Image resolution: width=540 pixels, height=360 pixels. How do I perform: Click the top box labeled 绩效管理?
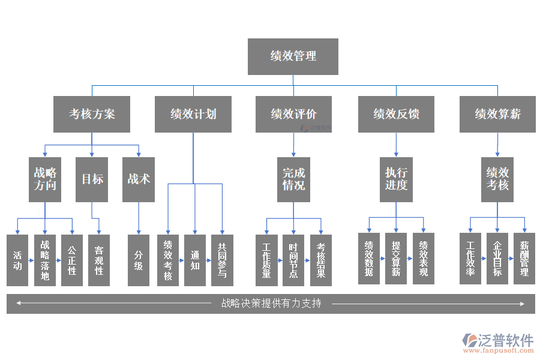(x=293, y=56)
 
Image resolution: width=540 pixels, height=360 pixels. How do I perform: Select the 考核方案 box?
(x=92, y=114)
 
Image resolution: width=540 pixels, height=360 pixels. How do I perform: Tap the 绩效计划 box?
(x=193, y=114)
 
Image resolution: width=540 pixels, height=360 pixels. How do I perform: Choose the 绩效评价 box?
(x=293, y=114)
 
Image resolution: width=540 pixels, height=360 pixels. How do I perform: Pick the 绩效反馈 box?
(x=396, y=114)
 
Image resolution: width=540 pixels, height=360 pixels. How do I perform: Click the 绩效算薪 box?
(x=497, y=114)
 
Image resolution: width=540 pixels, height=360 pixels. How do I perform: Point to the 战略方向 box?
(x=45, y=179)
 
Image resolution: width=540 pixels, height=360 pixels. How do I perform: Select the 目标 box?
(x=92, y=179)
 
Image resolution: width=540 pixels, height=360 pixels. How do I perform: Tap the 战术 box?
(x=139, y=179)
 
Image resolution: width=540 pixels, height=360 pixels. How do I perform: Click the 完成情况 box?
(x=293, y=179)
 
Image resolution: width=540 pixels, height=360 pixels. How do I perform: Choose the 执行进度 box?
(x=396, y=179)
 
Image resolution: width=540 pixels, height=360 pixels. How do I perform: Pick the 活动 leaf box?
(x=17, y=260)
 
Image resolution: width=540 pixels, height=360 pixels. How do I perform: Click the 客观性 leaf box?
(x=99, y=260)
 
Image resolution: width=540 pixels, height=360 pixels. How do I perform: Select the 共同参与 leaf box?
(x=222, y=260)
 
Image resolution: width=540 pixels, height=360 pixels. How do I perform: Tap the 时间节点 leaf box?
(x=293, y=260)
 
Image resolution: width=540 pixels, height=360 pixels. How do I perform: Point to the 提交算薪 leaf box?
(x=396, y=259)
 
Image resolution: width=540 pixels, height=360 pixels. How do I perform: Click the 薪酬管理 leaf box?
(x=524, y=259)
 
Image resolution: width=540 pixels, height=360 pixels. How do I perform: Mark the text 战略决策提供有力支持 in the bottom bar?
(x=271, y=304)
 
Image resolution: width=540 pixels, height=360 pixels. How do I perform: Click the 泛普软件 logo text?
(x=505, y=340)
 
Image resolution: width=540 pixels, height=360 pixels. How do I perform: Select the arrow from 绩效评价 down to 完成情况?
(x=293, y=145)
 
